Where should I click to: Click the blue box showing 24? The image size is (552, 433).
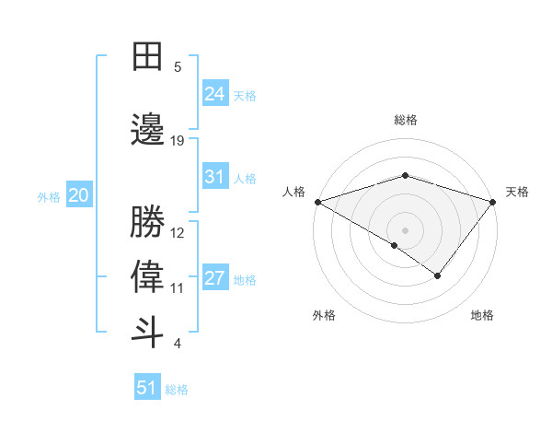point(214,93)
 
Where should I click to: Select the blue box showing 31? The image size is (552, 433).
point(214,177)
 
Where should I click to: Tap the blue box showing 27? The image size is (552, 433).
point(214,278)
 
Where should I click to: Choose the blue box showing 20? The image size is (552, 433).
point(78,195)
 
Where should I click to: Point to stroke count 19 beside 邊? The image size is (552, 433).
point(178,141)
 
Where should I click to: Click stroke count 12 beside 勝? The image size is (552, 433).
point(178,232)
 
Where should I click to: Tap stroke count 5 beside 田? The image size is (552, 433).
point(178,67)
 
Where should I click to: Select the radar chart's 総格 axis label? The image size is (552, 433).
point(405,120)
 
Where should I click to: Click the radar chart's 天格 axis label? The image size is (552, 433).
point(517,192)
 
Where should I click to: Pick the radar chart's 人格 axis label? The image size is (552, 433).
point(293,192)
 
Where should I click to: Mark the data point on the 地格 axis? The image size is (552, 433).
point(438,275)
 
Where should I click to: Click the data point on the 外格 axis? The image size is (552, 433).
point(395,245)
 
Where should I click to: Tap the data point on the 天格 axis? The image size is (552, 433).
point(494,201)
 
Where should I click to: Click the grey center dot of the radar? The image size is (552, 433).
point(405,229)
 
